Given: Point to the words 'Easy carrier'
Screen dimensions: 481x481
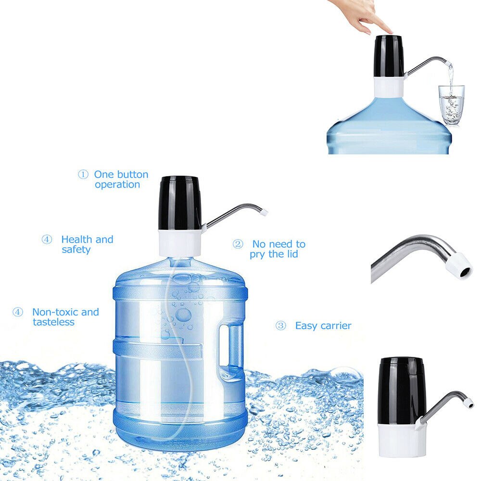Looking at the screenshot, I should [323, 326].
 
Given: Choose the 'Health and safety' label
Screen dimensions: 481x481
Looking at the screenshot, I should [87, 244].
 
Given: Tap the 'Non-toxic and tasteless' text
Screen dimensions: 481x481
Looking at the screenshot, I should [65, 317].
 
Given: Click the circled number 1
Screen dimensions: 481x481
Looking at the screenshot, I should [83, 175].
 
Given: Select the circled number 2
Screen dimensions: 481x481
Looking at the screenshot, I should [238, 244].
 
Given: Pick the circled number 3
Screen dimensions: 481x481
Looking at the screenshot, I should [280, 326].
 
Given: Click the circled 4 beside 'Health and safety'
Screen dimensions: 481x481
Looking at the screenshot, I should [47, 240].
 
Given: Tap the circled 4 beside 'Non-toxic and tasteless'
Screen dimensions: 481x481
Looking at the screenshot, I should [18, 312].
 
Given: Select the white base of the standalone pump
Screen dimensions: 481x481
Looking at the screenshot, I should [399, 440].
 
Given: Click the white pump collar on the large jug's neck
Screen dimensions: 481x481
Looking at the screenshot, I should [180, 242].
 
